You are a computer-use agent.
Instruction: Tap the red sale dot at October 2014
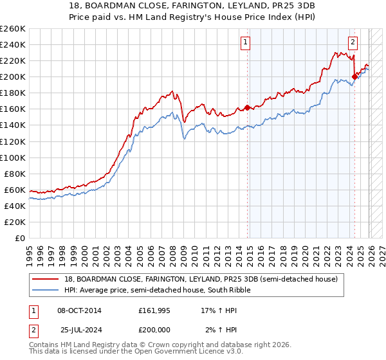(x=248, y=108)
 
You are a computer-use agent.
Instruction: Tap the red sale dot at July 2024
(x=354, y=77)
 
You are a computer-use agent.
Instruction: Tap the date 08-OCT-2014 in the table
(x=79, y=310)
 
